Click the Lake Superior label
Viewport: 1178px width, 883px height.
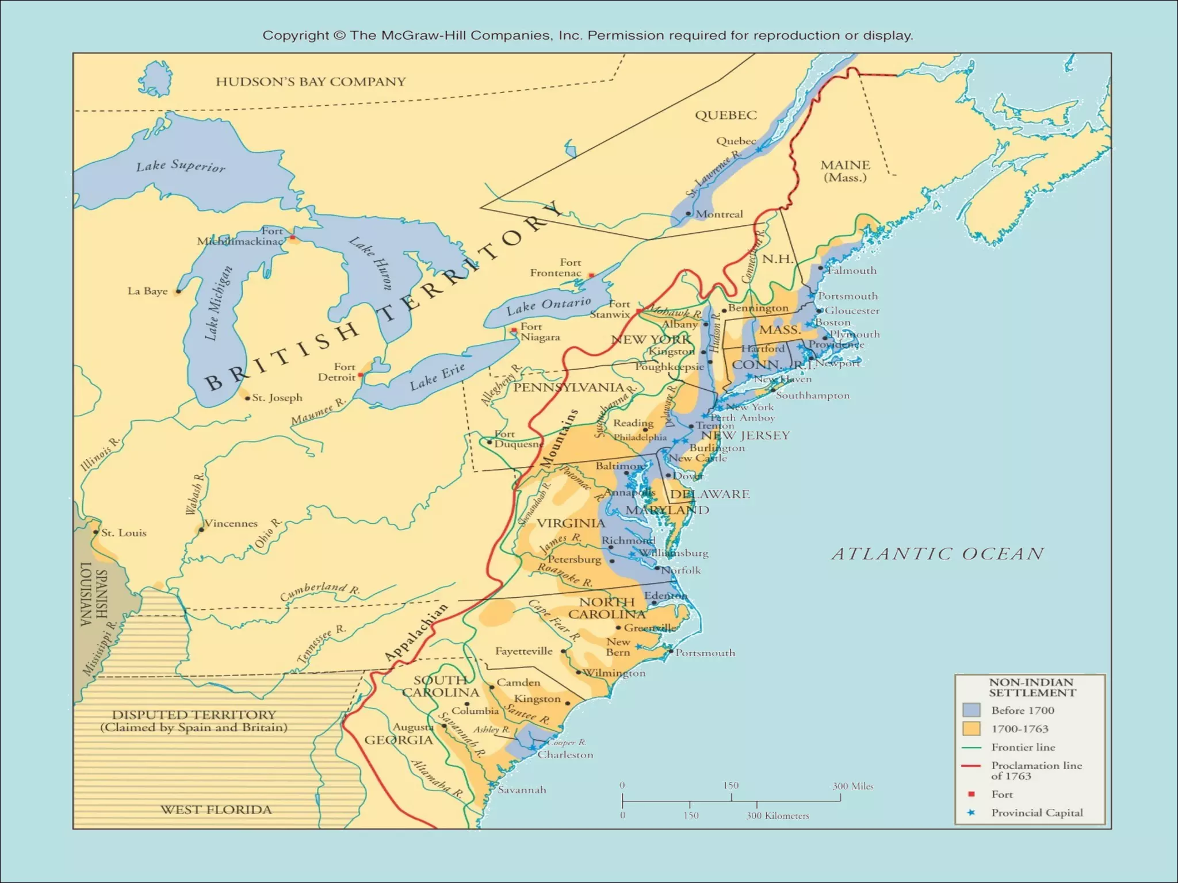[181, 166]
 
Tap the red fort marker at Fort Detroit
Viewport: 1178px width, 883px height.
[361, 375]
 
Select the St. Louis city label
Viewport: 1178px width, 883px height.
[124, 533]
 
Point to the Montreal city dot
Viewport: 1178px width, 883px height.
[688, 213]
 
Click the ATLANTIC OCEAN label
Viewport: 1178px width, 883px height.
[938, 554]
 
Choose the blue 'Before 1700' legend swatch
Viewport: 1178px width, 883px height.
[971, 710]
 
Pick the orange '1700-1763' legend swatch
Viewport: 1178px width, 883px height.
[971, 728]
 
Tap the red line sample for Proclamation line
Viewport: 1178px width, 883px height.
[971, 766]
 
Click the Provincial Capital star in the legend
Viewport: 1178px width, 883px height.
[971, 813]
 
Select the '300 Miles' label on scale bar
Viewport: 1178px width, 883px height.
[852, 786]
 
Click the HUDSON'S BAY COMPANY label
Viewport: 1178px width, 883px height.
[311, 82]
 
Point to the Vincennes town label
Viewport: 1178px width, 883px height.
[231, 523]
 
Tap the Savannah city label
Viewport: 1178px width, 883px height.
[522, 790]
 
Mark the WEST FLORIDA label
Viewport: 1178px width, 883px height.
[216, 809]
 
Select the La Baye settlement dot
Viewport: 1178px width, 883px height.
[178, 291]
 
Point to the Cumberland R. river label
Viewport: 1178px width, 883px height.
[320, 590]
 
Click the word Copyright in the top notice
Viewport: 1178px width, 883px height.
[296, 36]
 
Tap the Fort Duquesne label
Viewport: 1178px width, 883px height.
[518, 439]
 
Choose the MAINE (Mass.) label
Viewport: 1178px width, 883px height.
[845, 171]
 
